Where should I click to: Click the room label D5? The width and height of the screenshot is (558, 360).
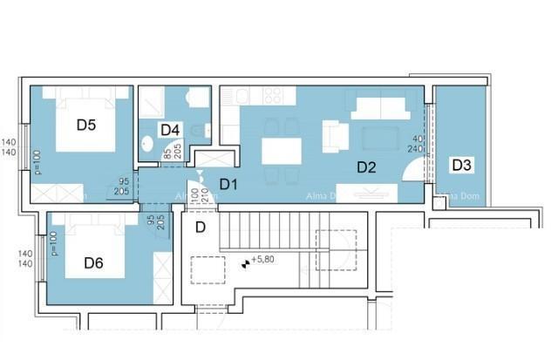[x=85, y=125]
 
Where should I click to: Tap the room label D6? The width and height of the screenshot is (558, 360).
[x=94, y=262]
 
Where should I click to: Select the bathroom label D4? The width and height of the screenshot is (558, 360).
[x=170, y=130]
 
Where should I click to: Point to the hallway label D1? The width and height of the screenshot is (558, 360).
[x=228, y=184]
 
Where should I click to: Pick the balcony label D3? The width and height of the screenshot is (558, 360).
[x=461, y=164]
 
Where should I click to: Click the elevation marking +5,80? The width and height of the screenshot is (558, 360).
[x=262, y=260]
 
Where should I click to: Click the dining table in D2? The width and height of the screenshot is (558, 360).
[x=281, y=151]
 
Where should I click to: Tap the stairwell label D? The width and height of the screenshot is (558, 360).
[x=200, y=228]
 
